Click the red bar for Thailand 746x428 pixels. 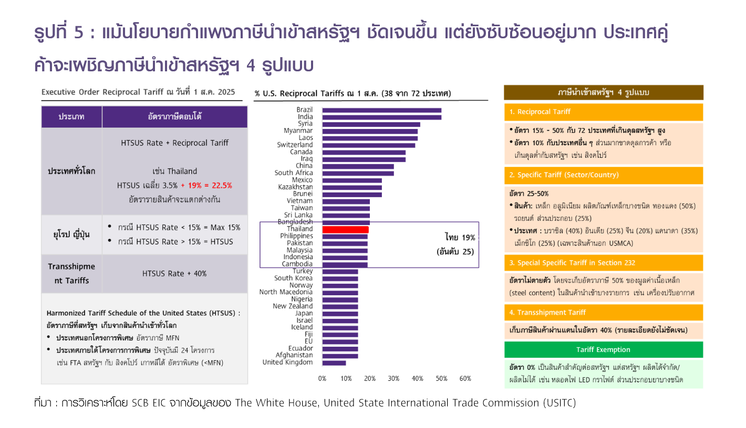click(345, 229)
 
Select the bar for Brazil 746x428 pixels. click(381, 110)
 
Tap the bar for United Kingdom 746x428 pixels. click(334, 362)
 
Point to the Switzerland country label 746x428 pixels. click(295, 145)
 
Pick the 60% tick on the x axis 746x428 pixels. click(465, 379)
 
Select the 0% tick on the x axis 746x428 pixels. click(322, 379)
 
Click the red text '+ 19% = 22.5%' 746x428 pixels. click(206, 185)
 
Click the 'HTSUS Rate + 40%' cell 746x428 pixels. click(174, 273)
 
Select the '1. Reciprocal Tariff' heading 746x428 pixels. click(540, 112)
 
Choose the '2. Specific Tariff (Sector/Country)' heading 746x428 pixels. click(564, 175)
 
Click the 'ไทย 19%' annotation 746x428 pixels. click(459, 237)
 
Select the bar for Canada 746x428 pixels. click(364, 152)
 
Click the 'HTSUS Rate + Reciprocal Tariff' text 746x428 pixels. click(174, 143)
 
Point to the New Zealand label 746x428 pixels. click(293, 306)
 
